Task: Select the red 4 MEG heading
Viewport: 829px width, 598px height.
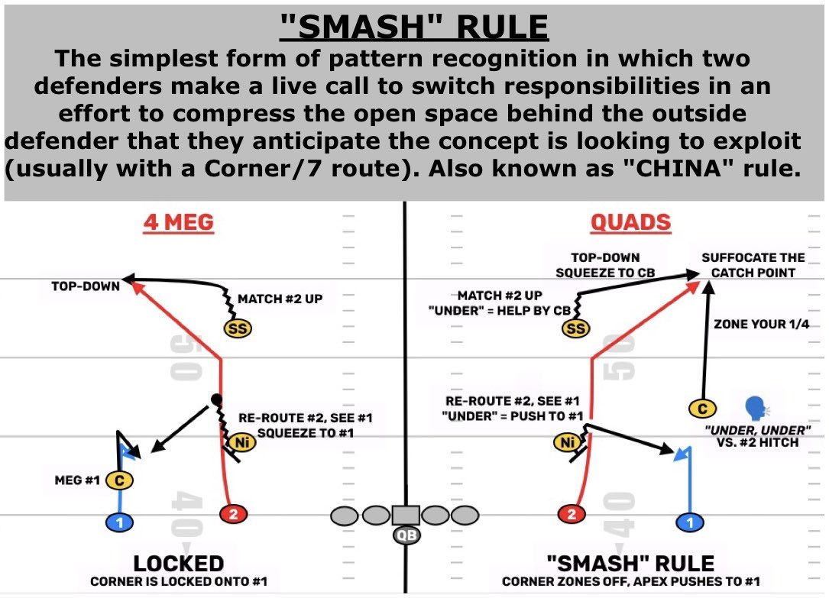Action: tap(178, 223)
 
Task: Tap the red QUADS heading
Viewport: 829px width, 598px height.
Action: tap(630, 223)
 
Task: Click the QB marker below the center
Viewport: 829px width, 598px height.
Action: tap(406, 535)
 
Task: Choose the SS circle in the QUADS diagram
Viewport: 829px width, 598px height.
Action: tap(576, 328)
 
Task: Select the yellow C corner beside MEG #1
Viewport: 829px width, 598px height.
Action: tap(118, 480)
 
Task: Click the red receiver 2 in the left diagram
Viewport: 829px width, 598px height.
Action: tap(234, 515)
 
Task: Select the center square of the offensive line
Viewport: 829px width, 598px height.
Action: tap(406, 516)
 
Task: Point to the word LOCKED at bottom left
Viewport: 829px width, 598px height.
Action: tap(179, 564)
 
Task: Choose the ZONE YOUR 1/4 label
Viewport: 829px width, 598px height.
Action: tap(761, 325)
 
